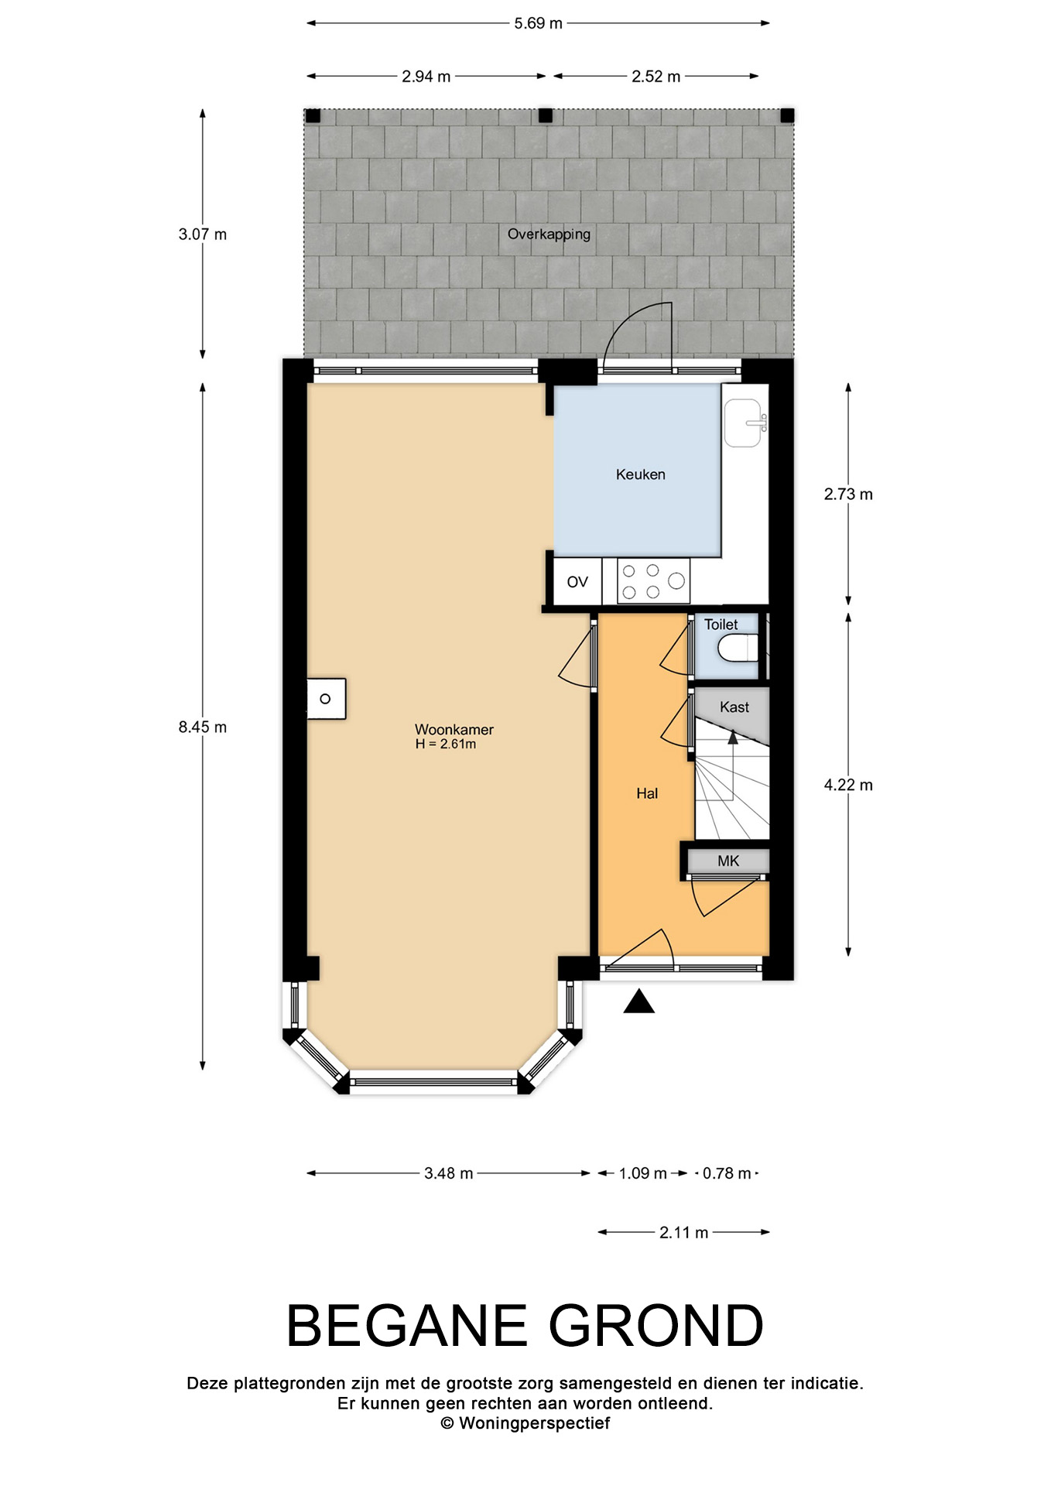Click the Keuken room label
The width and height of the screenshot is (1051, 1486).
coord(640,474)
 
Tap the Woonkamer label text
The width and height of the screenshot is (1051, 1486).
coord(454,729)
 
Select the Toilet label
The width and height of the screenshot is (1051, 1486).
coord(721,624)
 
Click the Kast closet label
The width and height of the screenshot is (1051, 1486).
coord(734,707)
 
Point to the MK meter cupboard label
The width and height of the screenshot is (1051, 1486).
coord(728,861)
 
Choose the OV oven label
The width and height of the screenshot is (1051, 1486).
coord(577,582)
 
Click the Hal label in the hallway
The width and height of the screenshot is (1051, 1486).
coord(647,793)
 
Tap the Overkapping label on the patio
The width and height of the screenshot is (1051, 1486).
coord(549,235)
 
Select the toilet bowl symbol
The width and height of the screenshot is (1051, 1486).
coord(738,648)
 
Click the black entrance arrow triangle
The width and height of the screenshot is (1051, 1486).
coord(639,1002)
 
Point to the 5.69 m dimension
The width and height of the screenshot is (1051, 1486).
coord(539,23)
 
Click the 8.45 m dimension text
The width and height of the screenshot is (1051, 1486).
coord(203,727)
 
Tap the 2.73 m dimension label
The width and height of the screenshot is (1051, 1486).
coord(848,494)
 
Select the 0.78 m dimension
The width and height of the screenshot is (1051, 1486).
coord(727,1173)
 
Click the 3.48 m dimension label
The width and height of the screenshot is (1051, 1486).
coord(448,1173)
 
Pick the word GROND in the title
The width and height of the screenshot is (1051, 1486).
coord(656,1326)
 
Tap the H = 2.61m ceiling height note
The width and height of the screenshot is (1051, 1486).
coord(446,745)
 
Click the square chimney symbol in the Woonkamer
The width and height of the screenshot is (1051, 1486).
coord(326,699)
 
